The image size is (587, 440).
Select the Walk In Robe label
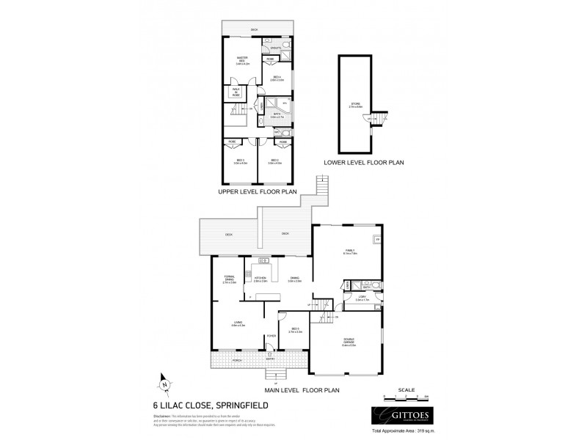click(236, 92)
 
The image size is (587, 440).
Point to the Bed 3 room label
click(240, 161)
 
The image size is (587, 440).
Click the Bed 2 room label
click(275, 161)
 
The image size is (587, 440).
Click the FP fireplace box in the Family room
click(376, 240)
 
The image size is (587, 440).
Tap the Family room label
click(350, 253)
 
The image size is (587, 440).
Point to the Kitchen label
click(259, 279)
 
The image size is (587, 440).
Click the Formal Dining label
click(228, 278)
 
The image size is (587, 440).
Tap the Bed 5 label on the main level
click(294, 331)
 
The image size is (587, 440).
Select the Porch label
click(237, 361)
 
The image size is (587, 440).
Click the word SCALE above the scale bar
click(406, 389)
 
